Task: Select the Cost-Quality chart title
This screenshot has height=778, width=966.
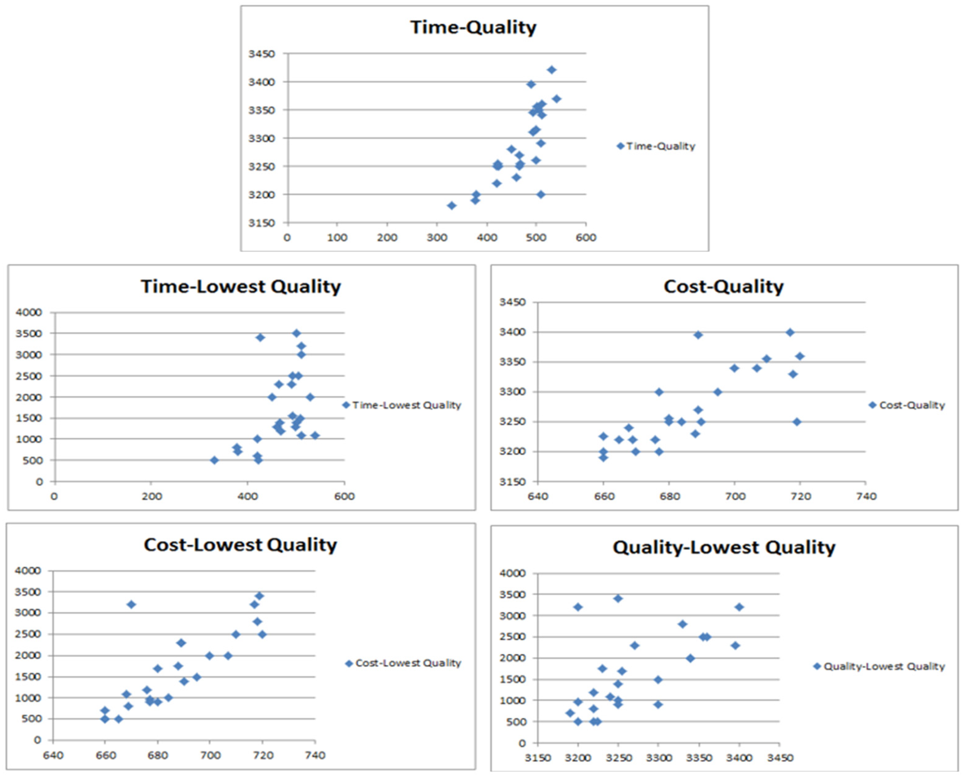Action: pyautogui.click(x=723, y=287)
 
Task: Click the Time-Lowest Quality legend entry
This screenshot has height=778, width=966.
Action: pyautogui.click(x=406, y=405)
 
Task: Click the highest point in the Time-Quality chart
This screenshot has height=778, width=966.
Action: pyautogui.click(x=552, y=70)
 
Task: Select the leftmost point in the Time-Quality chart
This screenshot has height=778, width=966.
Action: pyautogui.click(x=451, y=206)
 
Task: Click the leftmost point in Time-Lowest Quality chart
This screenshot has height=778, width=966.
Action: pyautogui.click(x=214, y=460)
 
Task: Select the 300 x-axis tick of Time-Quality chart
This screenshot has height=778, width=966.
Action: pyautogui.click(x=436, y=238)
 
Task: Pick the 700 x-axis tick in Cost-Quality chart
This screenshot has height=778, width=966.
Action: pyautogui.click(x=735, y=496)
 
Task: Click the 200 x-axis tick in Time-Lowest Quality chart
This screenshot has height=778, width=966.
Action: pyautogui.click(x=152, y=496)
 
